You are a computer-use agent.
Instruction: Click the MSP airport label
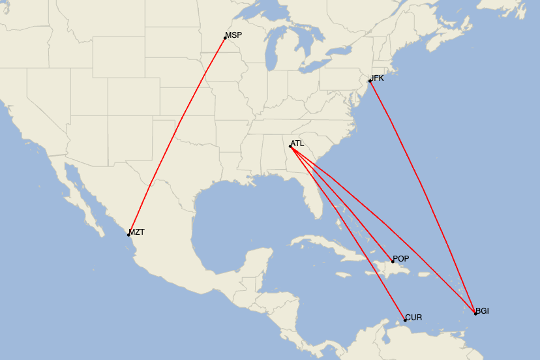(x=233, y=35)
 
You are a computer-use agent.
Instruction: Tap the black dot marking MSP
(x=225, y=38)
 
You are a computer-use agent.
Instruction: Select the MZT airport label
(x=137, y=232)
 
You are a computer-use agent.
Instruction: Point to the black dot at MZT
(x=128, y=235)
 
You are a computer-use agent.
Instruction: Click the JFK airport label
(x=378, y=78)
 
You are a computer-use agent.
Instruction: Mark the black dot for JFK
(x=370, y=81)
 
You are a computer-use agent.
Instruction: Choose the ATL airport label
(x=297, y=143)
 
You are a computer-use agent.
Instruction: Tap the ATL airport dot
(x=290, y=147)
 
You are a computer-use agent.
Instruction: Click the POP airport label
(x=401, y=259)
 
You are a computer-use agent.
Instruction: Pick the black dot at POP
(x=393, y=262)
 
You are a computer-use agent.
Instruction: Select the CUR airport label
(x=413, y=318)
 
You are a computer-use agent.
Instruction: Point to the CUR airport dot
(x=405, y=320)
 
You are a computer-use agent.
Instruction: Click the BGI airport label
(x=483, y=310)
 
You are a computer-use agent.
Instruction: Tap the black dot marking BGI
(x=475, y=314)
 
